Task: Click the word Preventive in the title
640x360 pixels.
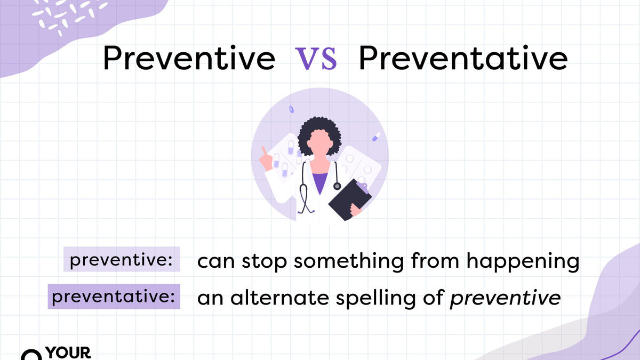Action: pyautogui.click(x=189, y=58)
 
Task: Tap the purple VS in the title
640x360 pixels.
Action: pyautogui.click(x=316, y=59)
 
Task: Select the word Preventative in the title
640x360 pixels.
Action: pyautogui.click(x=463, y=58)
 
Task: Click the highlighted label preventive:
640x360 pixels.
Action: pyautogui.click(x=122, y=259)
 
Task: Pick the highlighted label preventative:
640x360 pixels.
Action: pyautogui.click(x=114, y=297)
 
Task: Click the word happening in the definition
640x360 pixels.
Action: pyautogui.click(x=523, y=261)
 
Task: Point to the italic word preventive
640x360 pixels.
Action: pyautogui.click(x=505, y=298)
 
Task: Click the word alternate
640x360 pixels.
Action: pyautogui.click(x=279, y=298)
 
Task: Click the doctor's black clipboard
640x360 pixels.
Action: pyautogui.click(x=350, y=199)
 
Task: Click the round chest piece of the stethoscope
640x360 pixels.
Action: pyautogui.click(x=337, y=186)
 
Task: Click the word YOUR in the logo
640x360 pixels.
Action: pyautogui.click(x=68, y=353)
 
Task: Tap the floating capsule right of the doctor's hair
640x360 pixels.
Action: pyautogui.click(x=377, y=137)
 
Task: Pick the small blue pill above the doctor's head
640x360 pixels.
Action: pyautogui.click(x=291, y=109)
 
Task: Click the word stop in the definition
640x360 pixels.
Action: pyautogui.click(x=264, y=261)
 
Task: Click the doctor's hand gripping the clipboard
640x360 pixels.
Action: pyautogui.click(x=356, y=210)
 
